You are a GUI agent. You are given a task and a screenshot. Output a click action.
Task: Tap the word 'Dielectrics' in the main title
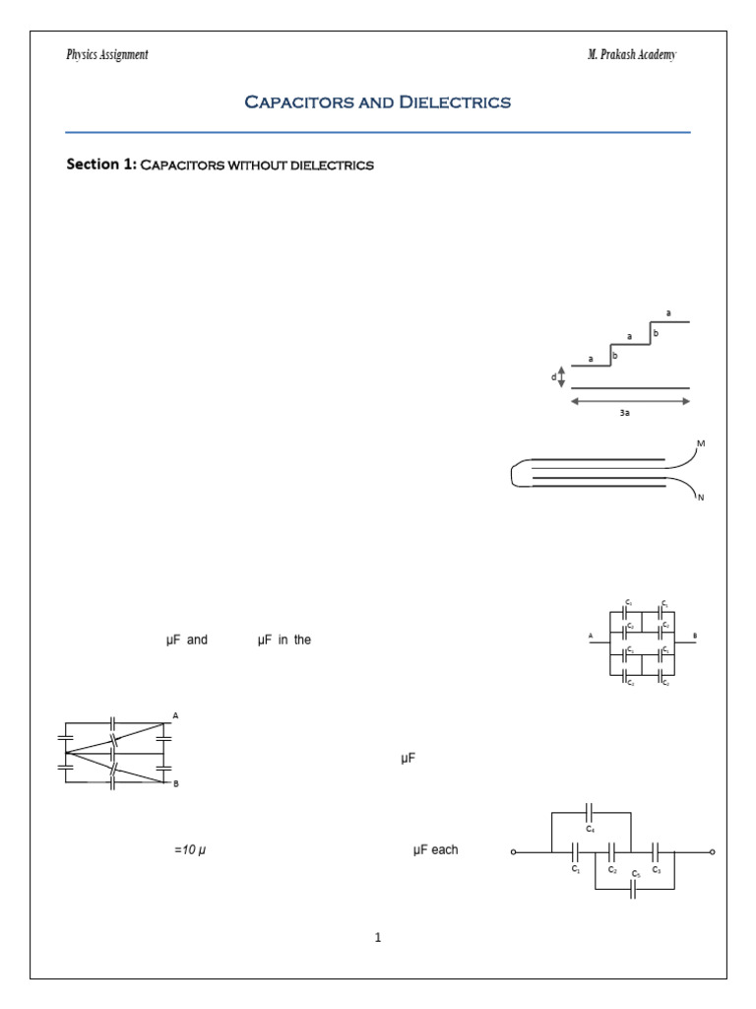455,102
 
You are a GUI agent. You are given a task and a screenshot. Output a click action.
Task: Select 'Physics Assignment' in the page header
107,55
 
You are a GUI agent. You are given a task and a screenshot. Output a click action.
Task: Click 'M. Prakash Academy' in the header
632,55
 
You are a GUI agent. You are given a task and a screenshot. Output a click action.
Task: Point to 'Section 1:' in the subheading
100,165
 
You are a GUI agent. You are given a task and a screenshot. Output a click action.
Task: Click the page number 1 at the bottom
377,937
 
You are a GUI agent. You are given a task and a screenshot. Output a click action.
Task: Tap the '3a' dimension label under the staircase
625,414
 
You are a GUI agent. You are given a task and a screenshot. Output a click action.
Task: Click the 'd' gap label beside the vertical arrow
554,377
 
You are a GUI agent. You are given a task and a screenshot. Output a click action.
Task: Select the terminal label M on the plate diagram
701,444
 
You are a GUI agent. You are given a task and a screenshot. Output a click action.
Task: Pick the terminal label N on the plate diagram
701,499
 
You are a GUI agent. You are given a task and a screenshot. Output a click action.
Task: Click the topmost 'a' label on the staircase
669,313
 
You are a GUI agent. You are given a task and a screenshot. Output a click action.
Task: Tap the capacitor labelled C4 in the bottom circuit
590,813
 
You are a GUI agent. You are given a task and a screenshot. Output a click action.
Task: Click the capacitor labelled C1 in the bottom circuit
575,852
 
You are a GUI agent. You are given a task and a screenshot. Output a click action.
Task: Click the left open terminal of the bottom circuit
514,852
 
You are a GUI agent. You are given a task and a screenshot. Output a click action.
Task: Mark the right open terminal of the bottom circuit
712,852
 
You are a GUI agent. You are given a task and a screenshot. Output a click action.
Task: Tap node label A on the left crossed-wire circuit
175,715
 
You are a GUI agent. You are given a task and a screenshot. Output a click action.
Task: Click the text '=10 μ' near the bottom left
190,849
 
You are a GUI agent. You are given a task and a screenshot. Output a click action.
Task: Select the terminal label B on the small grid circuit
694,637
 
